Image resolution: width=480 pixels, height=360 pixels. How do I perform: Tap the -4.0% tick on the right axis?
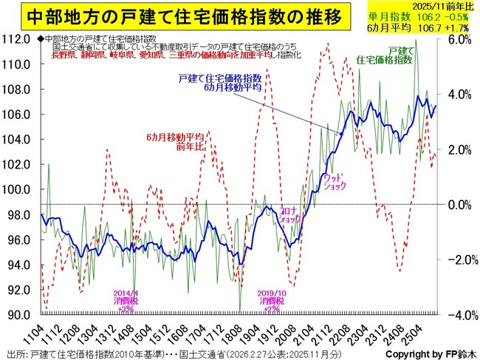click(462, 315)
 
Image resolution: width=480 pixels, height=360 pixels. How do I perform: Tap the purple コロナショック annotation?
click(289, 214)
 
